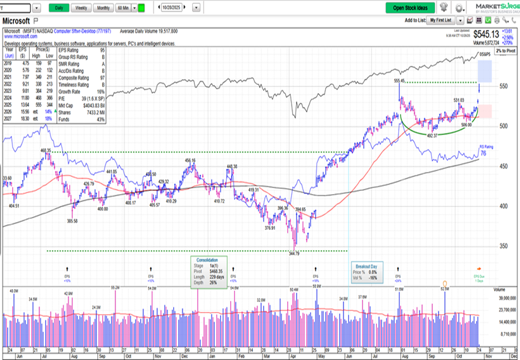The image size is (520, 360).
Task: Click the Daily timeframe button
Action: (x=60, y=8)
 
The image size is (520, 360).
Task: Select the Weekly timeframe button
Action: (x=81, y=8)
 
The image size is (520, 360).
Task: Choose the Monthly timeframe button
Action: (x=103, y=8)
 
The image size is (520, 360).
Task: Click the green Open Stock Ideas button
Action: (x=410, y=8)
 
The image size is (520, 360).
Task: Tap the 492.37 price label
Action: (x=432, y=136)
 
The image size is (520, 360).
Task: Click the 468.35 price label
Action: (x=46, y=150)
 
